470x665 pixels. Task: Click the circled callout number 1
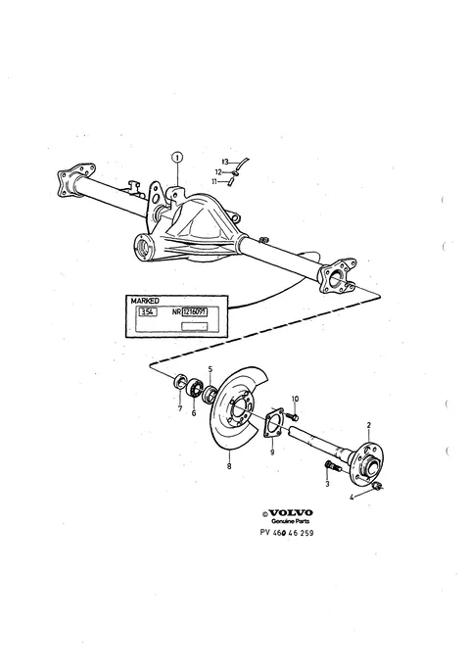[x=177, y=158]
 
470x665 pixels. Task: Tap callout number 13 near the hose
[x=225, y=162]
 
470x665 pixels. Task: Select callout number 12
[x=218, y=172]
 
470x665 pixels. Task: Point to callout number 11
[x=214, y=181]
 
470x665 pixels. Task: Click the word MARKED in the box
[x=145, y=301]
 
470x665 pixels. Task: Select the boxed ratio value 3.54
[x=148, y=312]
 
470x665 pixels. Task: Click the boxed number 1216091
[x=195, y=312]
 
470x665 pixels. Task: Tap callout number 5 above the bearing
[x=211, y=369]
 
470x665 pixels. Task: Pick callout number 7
[x=180, y=408]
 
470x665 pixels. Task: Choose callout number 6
[x=194, y=412]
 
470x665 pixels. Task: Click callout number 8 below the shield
[x=229, y=466]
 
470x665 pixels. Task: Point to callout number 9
[x=272, y=452]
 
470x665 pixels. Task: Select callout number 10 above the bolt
[x=296, y=399]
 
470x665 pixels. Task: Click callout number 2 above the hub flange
[x=368, y=425]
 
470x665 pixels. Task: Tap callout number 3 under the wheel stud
[x=327, y=484]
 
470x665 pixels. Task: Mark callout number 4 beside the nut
[x=352, y=498]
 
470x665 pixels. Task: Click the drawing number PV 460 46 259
[x=287, y=533]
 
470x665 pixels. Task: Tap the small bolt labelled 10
[x=292, y=416]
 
